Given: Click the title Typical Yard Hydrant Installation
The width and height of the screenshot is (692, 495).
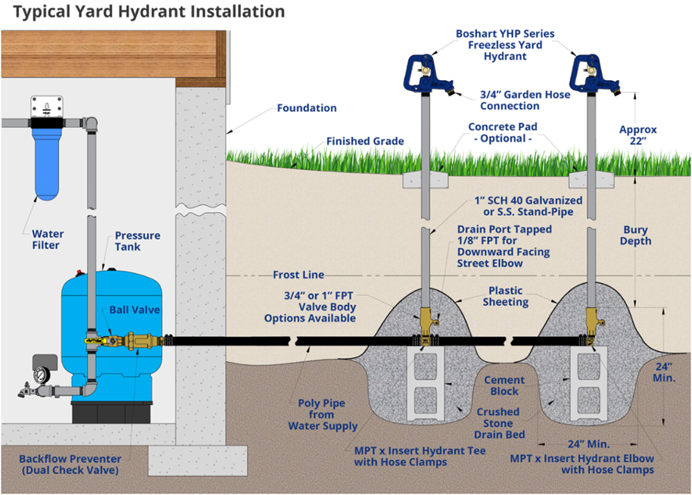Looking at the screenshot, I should tap(144, 12).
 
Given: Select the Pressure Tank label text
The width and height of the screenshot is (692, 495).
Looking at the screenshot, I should tap(137, 241).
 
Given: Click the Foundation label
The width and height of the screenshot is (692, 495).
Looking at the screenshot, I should tap(307, 107).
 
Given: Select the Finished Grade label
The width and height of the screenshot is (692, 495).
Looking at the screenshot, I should tap(365, 141).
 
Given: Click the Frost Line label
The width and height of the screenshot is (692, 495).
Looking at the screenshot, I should tap(298, 275).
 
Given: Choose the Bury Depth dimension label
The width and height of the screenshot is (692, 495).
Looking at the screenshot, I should tap(636, 235).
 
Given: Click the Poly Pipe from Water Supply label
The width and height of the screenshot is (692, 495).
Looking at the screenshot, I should tap(323, 415).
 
